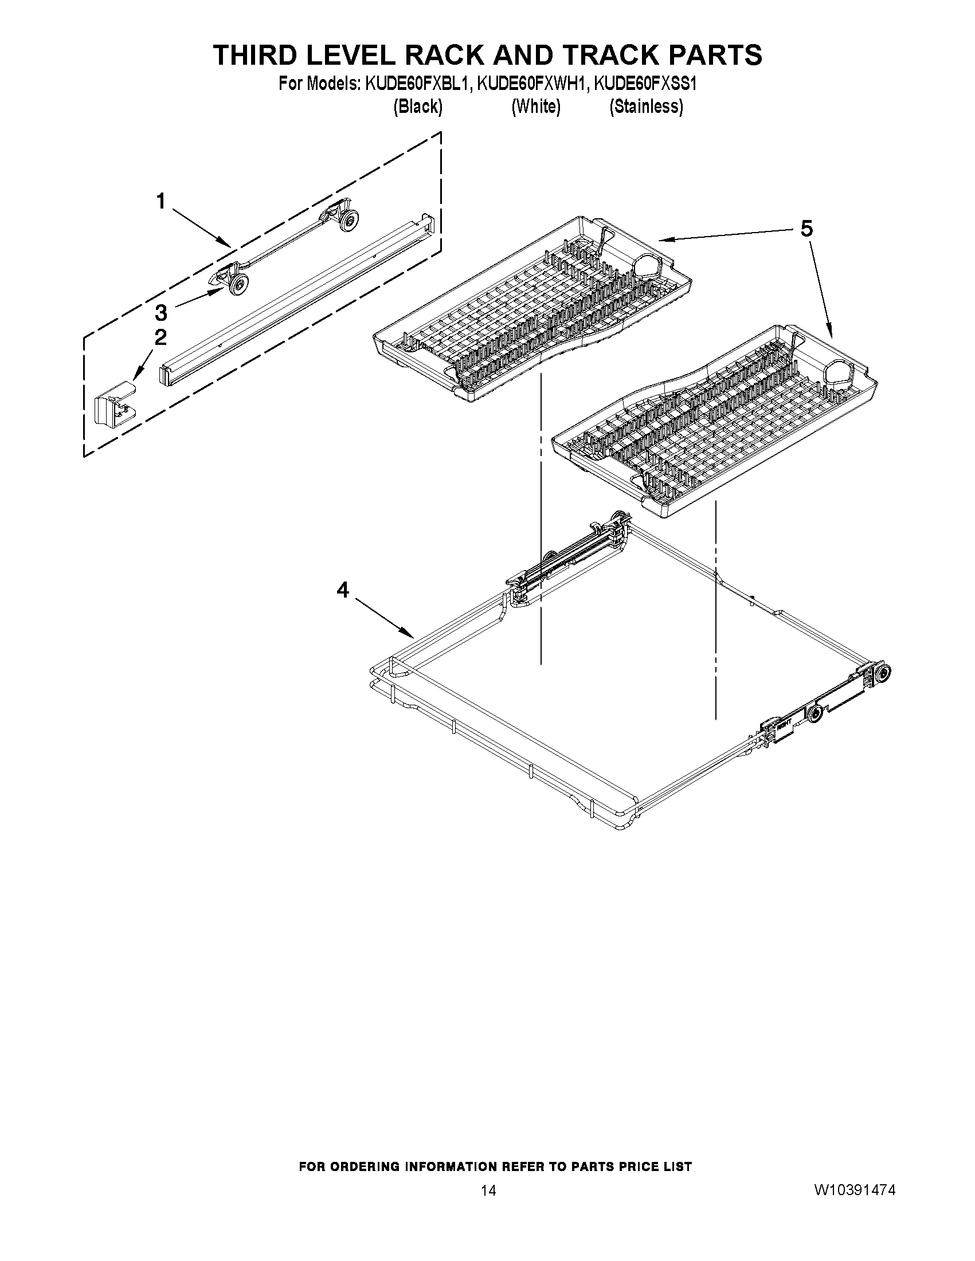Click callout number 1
[160, 202]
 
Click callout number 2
[160, 337]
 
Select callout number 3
[160, 312]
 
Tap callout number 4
[343, 590]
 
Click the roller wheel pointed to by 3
[238, 285]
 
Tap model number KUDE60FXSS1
[647, 84]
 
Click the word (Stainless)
[647, 107]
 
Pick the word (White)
[535, 107]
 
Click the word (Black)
[418, 107]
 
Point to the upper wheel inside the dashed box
[349, 221]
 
